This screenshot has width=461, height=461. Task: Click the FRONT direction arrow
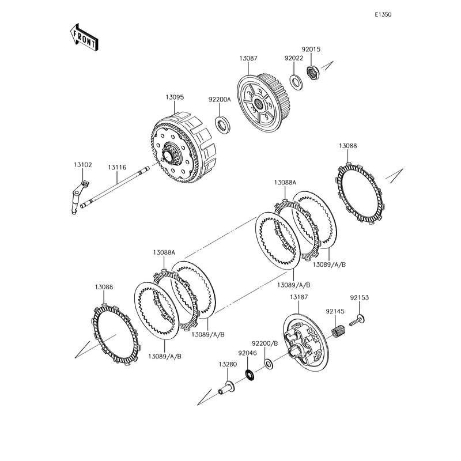[x=84, y=37]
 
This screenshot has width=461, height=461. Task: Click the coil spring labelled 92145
[x=340, y=332]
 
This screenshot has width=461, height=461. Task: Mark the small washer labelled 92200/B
[x=269, y=363]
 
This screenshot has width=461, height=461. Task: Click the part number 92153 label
[x=359, y=298]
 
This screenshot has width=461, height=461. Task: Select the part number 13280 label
[x=228, y=364]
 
